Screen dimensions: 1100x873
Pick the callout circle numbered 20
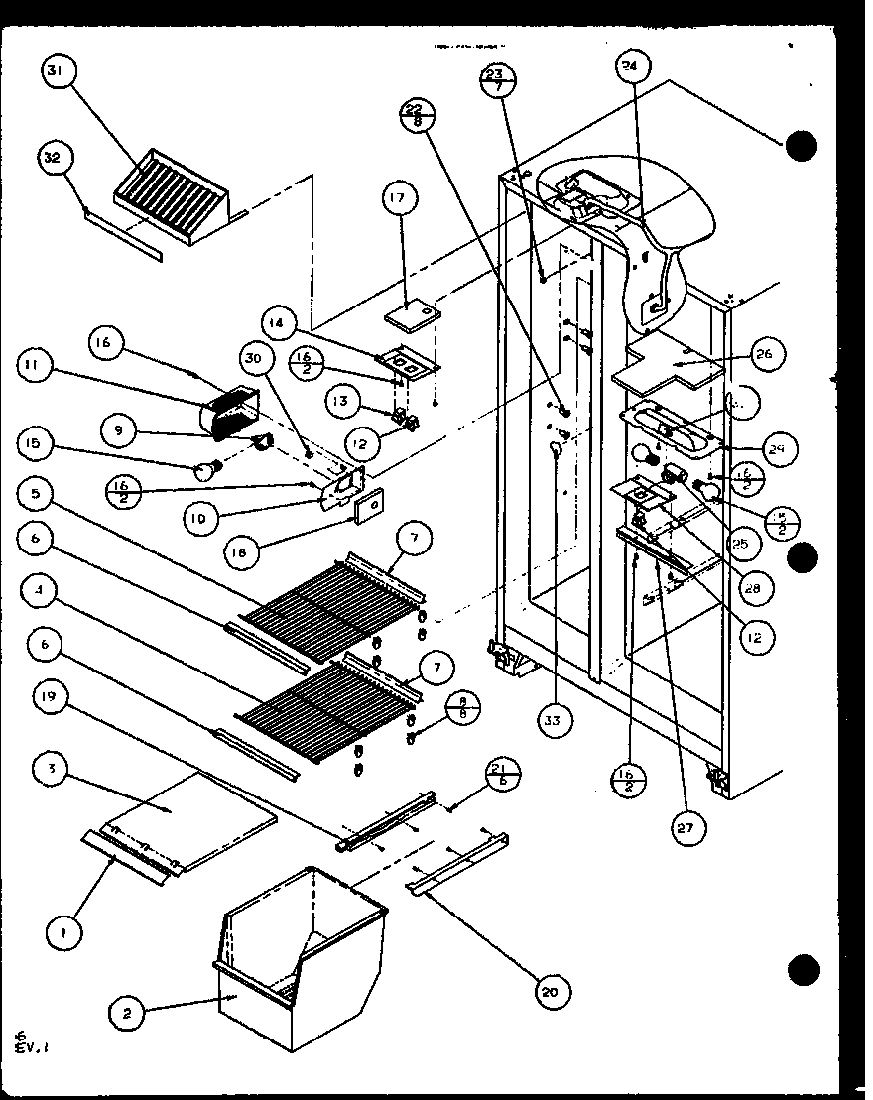[x=556, y=990]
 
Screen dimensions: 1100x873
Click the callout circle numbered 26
[x=767, y=354]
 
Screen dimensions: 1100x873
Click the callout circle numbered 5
[x=35, y=493]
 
